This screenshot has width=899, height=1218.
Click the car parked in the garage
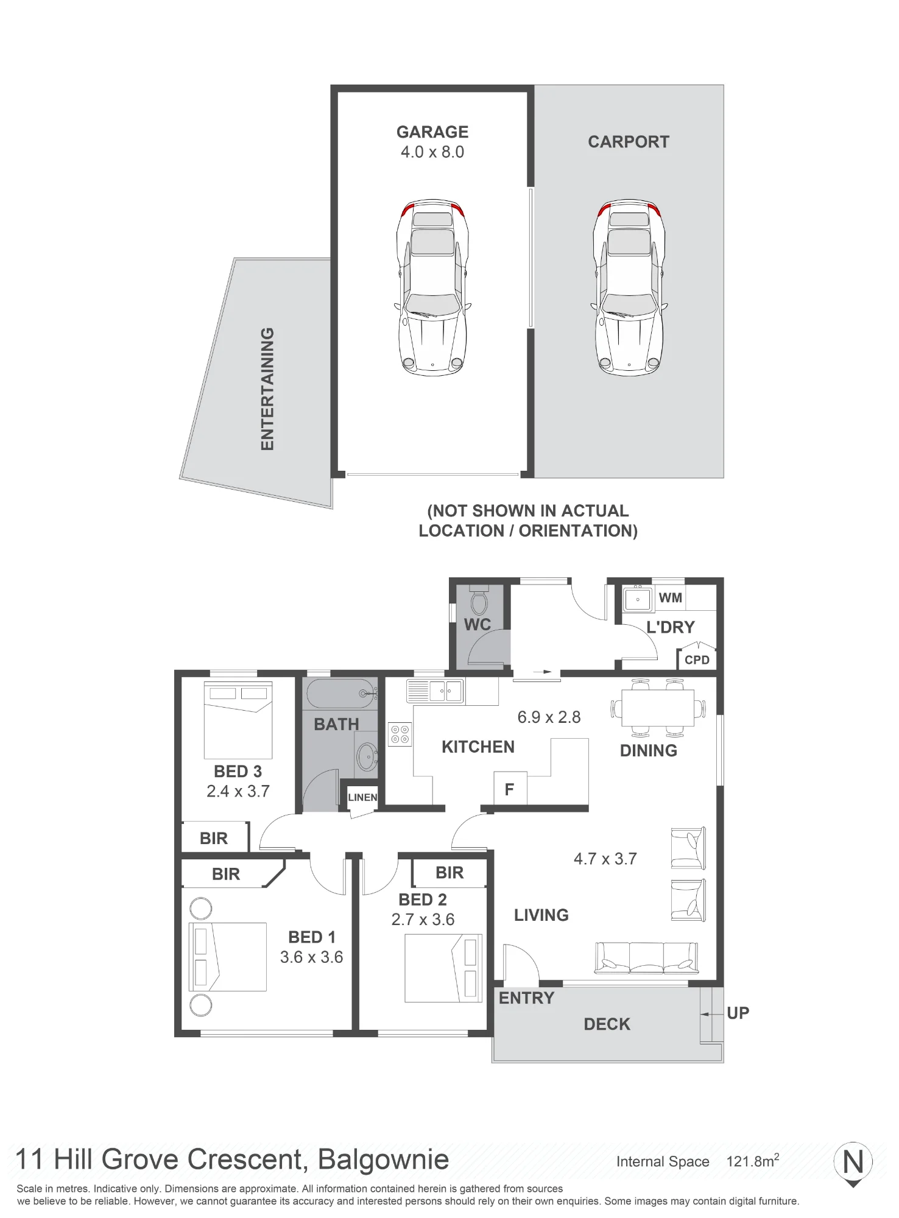(432, 287)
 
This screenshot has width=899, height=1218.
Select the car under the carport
(629, 287)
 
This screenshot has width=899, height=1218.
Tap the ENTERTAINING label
(267, 389)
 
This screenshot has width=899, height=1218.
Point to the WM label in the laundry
(670, 597)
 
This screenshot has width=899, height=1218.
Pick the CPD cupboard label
(697, 660)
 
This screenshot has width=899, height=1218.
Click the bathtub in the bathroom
(340, 693)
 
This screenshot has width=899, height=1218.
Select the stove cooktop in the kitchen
(400, 734)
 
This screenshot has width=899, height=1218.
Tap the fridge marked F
(510, 789)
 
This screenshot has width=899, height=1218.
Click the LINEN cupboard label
(362, 797)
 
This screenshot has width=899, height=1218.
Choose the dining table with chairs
(658, 708)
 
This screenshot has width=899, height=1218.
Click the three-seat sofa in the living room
(646, 958)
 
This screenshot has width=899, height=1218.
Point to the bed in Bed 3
(238, 720)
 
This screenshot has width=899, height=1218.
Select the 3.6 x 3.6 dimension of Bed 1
(311, 957)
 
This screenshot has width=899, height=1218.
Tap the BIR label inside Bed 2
(449, 873)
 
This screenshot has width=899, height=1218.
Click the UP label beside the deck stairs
(738, 1013)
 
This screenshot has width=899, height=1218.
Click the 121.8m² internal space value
(753, 1161)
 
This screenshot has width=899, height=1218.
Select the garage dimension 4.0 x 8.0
(432, 152)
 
